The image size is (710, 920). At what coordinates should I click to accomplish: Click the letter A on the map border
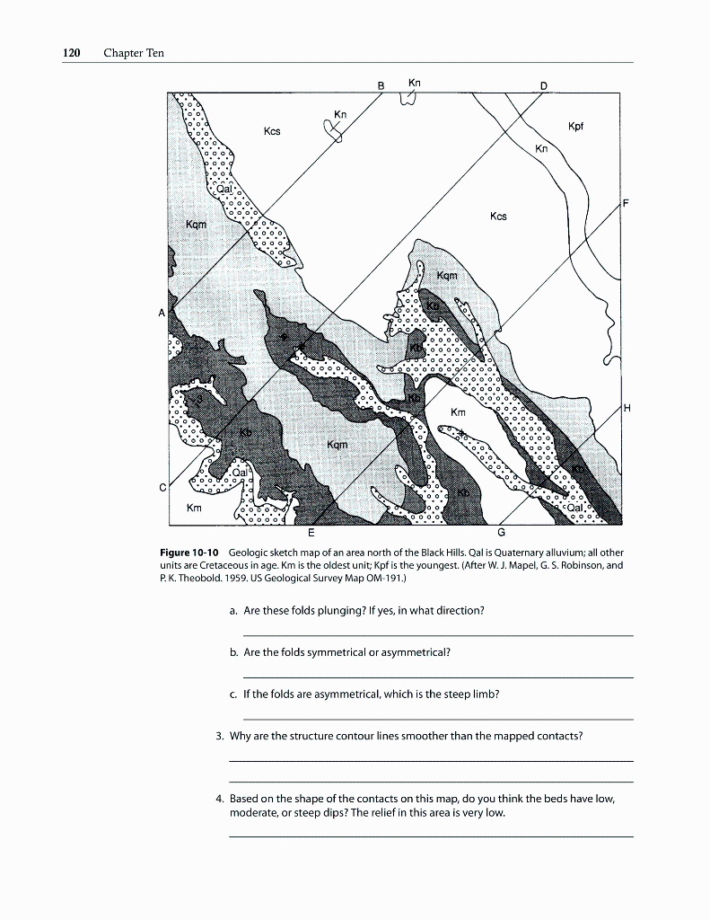[162, 313]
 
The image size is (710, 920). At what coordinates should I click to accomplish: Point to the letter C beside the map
[162, 488]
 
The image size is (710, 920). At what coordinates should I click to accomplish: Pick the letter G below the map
[500, 533]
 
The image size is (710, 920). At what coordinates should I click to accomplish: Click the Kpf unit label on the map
[576, 127]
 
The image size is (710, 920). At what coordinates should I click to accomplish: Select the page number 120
[71, 53]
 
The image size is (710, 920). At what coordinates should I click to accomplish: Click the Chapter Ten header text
[134, 53]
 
